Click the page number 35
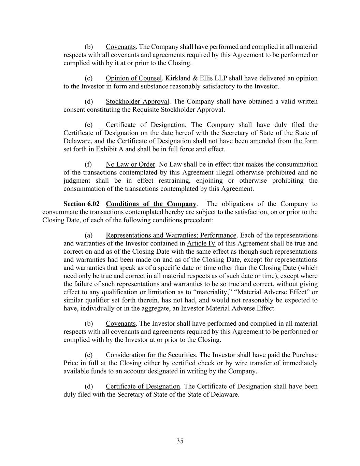(180, 441)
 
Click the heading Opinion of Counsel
(133, 78)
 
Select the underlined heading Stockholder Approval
(137, 101)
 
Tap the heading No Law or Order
(130, 164)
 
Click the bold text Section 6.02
(82, 204)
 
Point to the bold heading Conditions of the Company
(151, 204)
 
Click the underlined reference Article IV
(201, 243)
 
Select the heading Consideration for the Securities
(150, 355)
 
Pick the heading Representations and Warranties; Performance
(171, 235)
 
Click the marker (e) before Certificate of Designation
(88, 125)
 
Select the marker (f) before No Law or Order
(88, 164)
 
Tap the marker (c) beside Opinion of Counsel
(88, 78)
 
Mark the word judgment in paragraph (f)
(77, 181)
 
